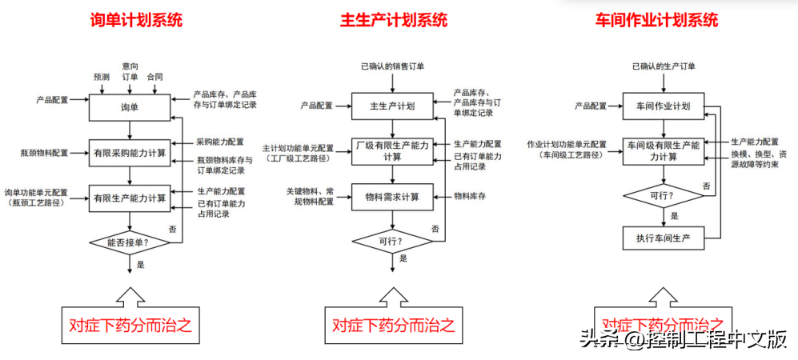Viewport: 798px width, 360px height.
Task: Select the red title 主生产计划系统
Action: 393,21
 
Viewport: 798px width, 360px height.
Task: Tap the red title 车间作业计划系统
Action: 656,21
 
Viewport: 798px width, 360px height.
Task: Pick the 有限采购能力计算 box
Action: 129,152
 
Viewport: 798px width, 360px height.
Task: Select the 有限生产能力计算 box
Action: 129,198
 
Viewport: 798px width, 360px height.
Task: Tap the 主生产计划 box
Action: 392,106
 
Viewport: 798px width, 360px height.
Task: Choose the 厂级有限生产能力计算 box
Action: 392,151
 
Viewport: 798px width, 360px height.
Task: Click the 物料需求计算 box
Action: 392,197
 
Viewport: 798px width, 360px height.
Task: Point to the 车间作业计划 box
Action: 663,106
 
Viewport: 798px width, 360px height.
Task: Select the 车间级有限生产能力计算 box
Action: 663,151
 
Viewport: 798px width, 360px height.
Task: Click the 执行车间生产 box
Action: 663,238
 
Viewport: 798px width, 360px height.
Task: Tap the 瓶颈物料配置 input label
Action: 45,152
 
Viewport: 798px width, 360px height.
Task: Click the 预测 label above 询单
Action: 101,77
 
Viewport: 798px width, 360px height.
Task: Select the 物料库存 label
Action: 471,195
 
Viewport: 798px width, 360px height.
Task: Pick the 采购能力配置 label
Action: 220,141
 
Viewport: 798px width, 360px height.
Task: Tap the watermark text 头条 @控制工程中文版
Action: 683,340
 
